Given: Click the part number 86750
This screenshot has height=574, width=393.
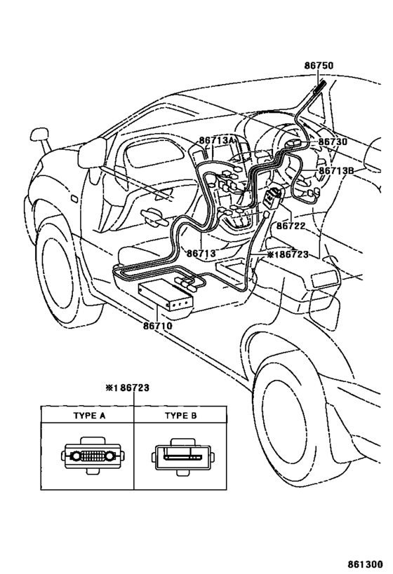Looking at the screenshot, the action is [319, 65].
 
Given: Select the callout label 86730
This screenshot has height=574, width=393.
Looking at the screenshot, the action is [333, 142].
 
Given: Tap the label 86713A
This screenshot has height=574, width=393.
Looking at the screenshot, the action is [217, 140].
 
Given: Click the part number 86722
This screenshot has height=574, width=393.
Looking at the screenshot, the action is [291, 226].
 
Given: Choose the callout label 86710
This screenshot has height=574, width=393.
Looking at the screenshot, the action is [158, 325].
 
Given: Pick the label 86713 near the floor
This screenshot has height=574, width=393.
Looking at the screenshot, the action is [201, 253].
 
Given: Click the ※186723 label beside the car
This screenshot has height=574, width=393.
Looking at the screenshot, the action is [288, 254].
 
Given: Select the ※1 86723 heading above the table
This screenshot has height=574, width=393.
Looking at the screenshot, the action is [128, 388].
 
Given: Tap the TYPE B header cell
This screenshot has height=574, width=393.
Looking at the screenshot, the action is [180, 416].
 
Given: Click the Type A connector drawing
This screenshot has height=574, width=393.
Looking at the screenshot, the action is [93, 456].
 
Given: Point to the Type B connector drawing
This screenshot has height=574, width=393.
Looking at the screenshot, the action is [183, 457].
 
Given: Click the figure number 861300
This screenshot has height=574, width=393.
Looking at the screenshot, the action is [365, 564].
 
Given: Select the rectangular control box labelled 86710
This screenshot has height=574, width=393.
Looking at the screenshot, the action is [166, 296].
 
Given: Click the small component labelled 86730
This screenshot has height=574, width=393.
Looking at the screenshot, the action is [293, 144].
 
